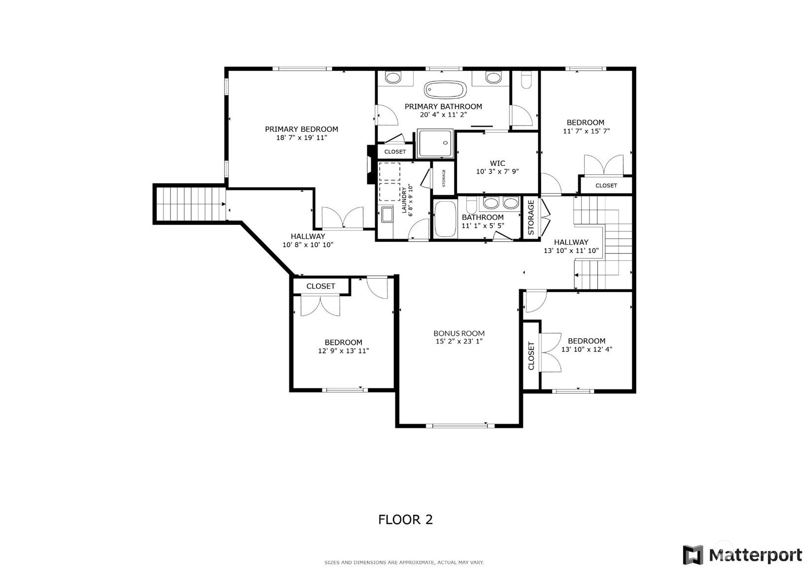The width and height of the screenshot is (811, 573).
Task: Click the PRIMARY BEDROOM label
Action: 301,129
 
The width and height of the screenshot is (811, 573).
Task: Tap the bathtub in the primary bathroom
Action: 445,90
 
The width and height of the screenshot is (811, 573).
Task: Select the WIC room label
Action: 497,163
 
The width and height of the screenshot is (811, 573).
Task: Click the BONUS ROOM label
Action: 459,333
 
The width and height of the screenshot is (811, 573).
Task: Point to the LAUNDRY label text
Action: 404,200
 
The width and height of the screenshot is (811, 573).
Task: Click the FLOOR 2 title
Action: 406,520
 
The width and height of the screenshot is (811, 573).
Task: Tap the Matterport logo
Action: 743,555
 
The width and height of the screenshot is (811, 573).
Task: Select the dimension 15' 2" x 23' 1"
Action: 459,341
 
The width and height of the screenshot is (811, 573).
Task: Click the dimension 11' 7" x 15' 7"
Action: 586,131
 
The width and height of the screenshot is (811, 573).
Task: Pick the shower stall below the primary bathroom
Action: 435,143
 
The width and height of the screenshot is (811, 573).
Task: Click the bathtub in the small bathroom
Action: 445,219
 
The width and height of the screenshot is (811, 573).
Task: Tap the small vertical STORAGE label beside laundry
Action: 444,178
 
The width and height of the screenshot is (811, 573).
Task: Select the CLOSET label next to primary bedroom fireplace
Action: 395,152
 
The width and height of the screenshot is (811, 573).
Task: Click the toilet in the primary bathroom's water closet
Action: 526,80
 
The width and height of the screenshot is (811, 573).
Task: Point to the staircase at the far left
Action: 190,204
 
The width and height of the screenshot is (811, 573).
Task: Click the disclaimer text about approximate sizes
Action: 404,563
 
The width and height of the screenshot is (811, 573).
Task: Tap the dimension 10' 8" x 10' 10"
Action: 308,245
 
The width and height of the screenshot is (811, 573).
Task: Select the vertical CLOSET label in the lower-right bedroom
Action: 531,356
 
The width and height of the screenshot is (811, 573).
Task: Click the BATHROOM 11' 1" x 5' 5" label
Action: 483,221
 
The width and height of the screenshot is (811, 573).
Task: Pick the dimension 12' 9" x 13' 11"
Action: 343,350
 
